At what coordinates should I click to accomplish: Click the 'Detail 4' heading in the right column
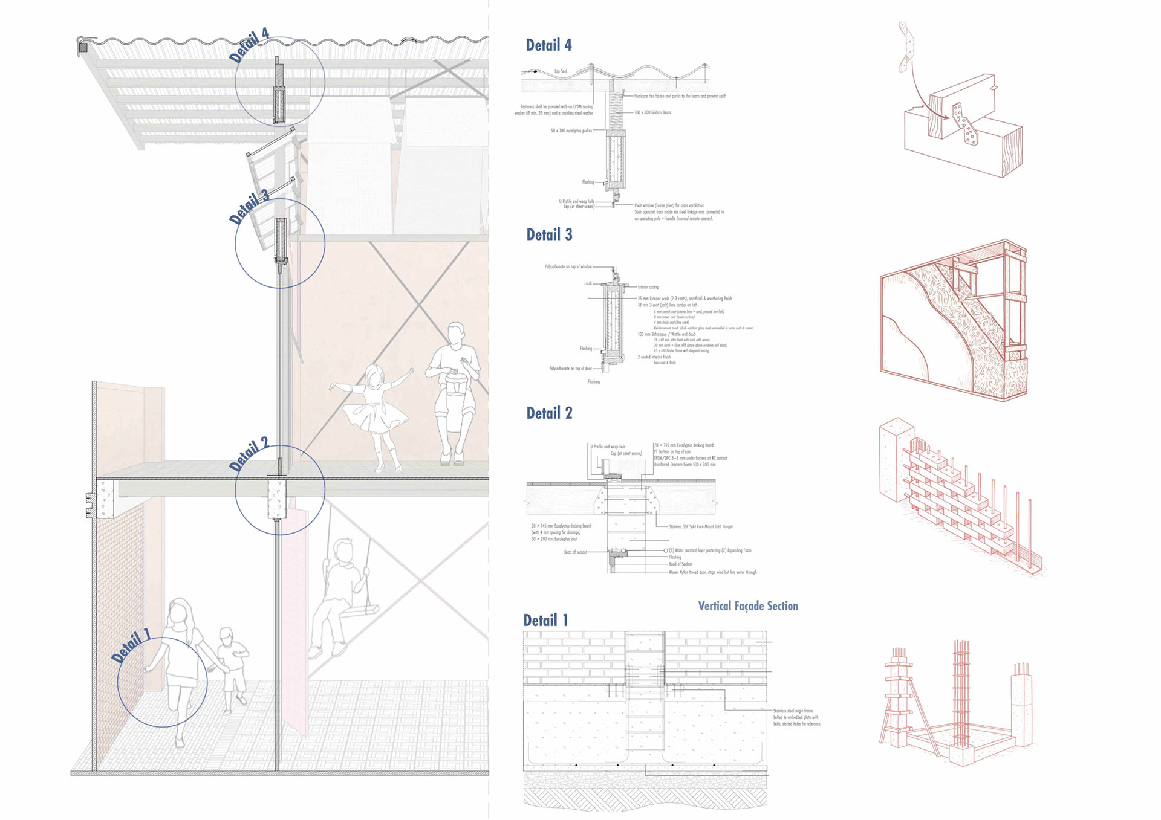pos(548,45)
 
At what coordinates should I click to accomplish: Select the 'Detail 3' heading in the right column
pos(549,235)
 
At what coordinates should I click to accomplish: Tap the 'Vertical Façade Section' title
pos(747,606)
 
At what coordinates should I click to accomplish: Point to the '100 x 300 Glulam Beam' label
pos(652,112)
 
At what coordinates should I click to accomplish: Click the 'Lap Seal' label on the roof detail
pos(561,71)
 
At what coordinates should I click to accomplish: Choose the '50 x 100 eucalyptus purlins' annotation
pos(571,131)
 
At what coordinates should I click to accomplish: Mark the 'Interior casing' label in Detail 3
pos(648,287)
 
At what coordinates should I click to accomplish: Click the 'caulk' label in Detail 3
pos(588,283)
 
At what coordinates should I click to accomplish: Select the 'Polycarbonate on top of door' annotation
pos(570,368)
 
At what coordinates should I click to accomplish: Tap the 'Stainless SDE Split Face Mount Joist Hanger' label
pos(701,526)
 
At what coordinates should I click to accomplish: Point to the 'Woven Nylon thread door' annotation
pos(712,572)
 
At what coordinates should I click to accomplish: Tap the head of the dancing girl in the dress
pos(375,378)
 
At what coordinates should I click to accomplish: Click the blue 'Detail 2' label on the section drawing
pos(249,454)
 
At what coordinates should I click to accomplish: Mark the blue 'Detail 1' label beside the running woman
pos(131,645)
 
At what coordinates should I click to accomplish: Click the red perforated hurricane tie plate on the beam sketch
pos(964,124)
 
